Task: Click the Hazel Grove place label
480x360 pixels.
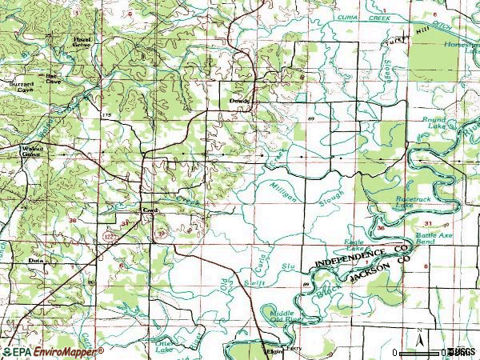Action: (82, 41)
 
